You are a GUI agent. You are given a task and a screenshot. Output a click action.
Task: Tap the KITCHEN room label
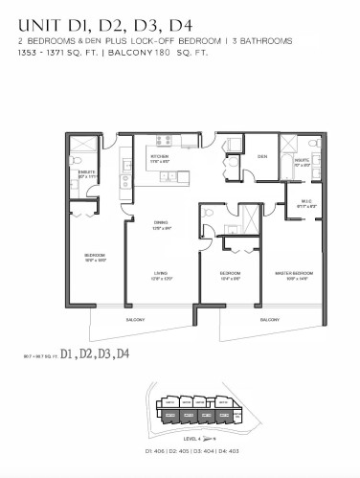(158, 156)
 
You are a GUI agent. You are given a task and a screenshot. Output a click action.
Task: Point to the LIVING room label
(160, 274)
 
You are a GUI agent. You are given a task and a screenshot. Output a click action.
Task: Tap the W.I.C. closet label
(294, 202)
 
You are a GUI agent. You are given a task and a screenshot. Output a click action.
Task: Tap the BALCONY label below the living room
(137, 319)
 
